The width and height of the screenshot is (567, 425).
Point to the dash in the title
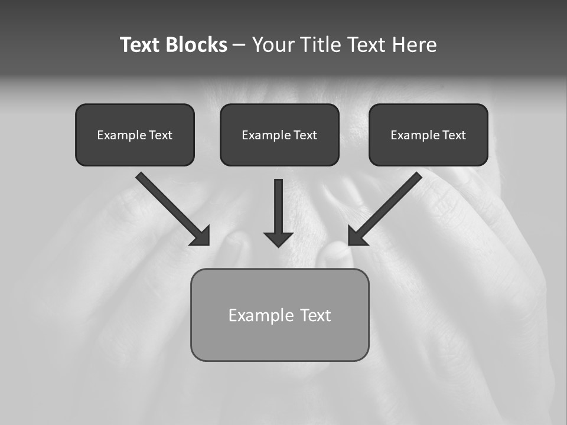pyautogui.click(x=239, y=45)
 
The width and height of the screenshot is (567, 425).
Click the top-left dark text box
pyautogui.click(x=135, y=135)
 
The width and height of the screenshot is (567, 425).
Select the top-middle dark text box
pyautogui.click(x=279, y=135)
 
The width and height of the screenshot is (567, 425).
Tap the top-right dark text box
pyautogui.click(x=428, y=135)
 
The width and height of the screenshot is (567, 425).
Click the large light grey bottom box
pyautogui.click(x=279, y=315)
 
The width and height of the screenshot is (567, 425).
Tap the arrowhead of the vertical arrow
pyautogui.click(x=279, y=239)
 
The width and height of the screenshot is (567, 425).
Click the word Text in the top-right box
pyautogui.click(x=454, y=135)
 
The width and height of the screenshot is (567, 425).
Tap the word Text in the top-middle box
pyautogui.click(x=305, y=135)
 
